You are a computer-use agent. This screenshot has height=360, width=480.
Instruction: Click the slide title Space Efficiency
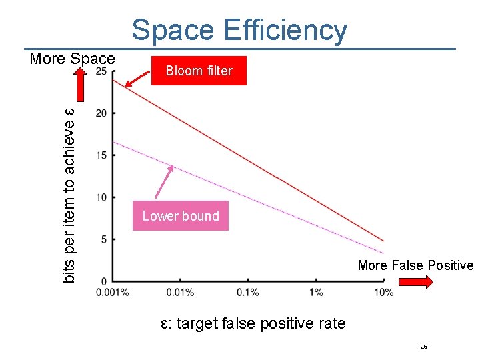point(239,30)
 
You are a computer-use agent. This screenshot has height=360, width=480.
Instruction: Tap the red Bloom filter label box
point(199,71)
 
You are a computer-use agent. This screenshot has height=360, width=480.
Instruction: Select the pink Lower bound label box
point(181,216)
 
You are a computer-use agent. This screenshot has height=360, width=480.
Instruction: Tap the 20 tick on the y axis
point(101,113)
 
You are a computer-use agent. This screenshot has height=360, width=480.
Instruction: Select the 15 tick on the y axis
point(101,155)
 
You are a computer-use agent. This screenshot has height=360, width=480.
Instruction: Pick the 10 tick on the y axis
point(101,197)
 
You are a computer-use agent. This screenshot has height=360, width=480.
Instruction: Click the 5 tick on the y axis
point(103,239)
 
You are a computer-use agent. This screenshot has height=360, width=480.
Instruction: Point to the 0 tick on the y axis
point(103,280)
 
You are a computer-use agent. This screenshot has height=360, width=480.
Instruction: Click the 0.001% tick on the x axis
point(113,293)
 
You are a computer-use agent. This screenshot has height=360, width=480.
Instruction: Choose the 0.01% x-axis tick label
point(180,293)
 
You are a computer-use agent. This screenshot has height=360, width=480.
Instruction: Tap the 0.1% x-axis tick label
point(248,293)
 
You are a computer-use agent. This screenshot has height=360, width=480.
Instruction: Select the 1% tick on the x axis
point(316,293)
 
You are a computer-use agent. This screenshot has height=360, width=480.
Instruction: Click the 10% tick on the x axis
point(384,293)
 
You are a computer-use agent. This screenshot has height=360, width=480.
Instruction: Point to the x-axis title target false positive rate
point(253,324)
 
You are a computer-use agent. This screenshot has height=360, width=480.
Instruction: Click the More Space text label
point(72,59)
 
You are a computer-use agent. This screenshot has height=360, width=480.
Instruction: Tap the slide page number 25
point(423,347)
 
